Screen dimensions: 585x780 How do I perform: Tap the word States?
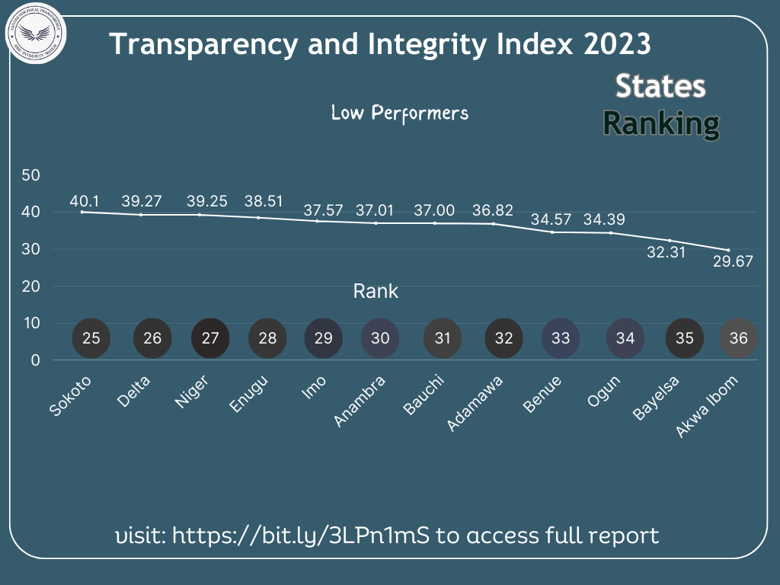pyautogui.click(x=660, y=86)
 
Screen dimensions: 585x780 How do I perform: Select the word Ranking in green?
pyautogui.click(x=660, y=123)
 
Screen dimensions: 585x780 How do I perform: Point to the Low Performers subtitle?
pyautogui.click(x=399, y=113)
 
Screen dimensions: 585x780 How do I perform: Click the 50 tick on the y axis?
pyautogui.click(x=30, y=174)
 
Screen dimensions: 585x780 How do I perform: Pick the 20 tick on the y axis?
pyautogui.click(x=30, y=286)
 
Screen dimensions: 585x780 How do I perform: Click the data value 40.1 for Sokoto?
pyautogui.click(x=85, y=201)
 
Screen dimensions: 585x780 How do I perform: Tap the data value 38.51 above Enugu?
pyautogui.click(x=263, y=201)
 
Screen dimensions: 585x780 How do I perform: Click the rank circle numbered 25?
pyautogui.click(x=91, y=338)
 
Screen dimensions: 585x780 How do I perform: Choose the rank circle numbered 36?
pyautogui.click(x=738, y=338)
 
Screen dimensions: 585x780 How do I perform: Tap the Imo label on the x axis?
pyautogui.click(x=315, y=388)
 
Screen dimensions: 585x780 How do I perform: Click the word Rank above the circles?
pyautogui.click(x=376, y=291)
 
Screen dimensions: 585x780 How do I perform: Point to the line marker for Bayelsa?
pyautogui.click(x=670, y=241)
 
